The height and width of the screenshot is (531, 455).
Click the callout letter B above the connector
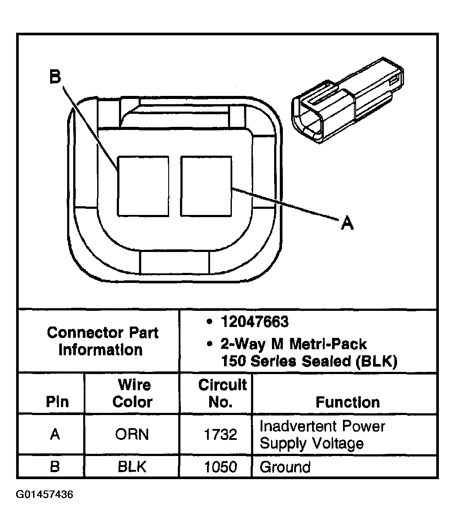coord(55,77)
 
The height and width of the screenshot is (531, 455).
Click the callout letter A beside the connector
coord(346,223)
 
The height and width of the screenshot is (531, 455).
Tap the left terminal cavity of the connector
coord(143,186)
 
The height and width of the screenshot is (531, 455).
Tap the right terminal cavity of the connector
coord(206,186)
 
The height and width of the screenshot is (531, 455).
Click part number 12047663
coord(255,322)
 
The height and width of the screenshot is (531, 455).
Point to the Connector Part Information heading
coord(102,341)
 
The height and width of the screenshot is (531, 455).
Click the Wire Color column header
coord(132,394)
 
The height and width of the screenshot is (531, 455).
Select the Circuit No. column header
coord(222,394)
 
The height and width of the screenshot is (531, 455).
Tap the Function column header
coord(347,402)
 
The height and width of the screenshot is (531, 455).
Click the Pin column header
coord(57,402)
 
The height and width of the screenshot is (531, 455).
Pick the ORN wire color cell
coord(132,435)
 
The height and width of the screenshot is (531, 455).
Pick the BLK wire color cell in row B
coord(132,467)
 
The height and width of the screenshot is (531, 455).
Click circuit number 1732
coord(221,435)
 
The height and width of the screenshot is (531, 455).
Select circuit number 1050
coord(221,467)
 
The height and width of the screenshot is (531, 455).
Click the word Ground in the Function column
coord(285,467)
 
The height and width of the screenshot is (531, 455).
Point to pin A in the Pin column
coord(55,435)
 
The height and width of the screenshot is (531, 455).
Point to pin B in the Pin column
coord(55,467)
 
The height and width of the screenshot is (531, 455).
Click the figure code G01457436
coord(44,495)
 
